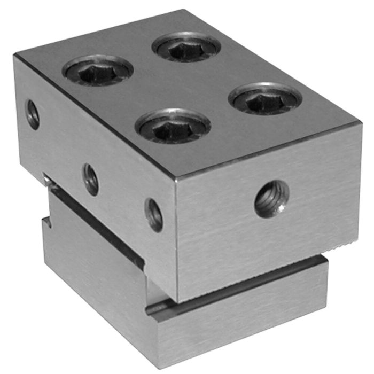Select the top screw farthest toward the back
point(186,47)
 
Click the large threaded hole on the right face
point(271,199)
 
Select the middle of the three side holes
point(91,180)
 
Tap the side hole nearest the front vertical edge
point(154,215)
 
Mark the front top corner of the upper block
point(176,178)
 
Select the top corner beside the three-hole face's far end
point(15,57)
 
